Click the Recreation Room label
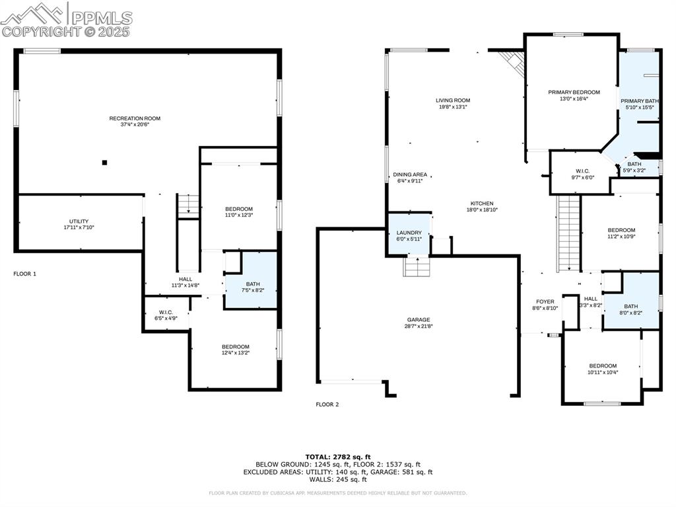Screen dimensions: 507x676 (135, 118)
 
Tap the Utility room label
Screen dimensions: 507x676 (79, 221)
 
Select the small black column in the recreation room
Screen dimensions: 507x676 (104, 162)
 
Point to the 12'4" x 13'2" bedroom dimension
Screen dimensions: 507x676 (235, 353)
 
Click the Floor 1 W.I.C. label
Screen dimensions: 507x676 (166, 312)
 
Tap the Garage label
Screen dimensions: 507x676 (418, 319)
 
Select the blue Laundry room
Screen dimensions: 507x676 (409, 233)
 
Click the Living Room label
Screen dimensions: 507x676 (453, 100)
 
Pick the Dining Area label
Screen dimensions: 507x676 (410, 175)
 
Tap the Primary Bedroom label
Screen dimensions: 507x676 (574, 92)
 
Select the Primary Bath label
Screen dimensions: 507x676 (639, 100)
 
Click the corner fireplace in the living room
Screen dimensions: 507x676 (512, 61)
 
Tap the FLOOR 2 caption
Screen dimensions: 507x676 (327, 404)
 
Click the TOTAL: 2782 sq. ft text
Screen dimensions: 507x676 (337, 457)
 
